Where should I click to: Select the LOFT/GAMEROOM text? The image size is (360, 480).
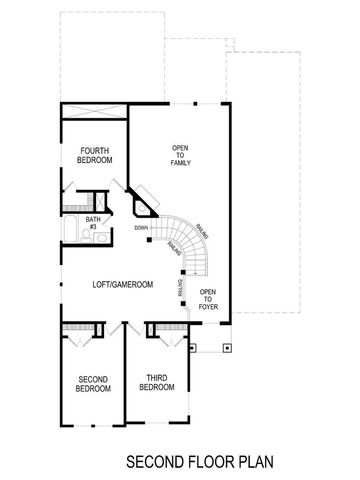[124, 285]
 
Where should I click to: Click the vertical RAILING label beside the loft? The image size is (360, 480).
[180, 289]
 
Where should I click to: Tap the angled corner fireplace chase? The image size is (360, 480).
[144, 200]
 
